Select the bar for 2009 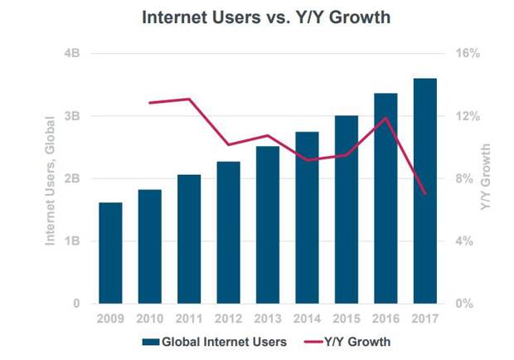click(x=110, y=253)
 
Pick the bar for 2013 click(x=267, y=225)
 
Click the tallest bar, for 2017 click(x=424, y=191)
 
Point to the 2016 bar click(x=385, y=198)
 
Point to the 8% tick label click(x=465, y=179)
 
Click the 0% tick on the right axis click(x=465, y=304)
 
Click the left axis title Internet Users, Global click(x=51, y=178)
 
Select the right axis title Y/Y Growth click(x=486, y=178)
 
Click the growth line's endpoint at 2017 click(x=424, y=193)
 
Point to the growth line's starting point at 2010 click(x=150, y=103)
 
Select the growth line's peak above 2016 click(x=385, y=118)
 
